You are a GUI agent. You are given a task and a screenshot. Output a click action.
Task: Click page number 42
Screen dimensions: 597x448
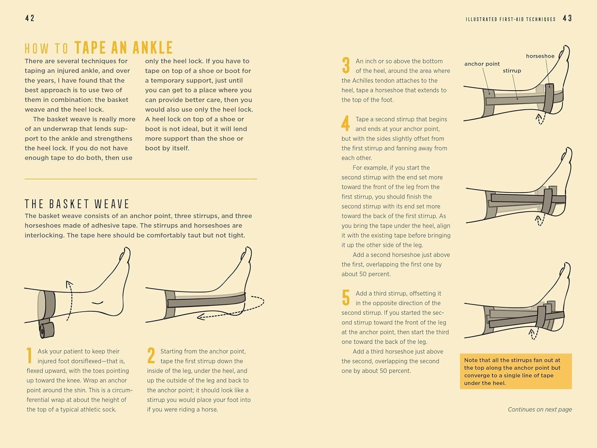click(30, 18)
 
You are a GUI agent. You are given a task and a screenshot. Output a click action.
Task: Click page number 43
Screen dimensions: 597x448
click(568, 18)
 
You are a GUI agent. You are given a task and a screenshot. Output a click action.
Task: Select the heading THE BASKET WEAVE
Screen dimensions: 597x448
click(77, 204)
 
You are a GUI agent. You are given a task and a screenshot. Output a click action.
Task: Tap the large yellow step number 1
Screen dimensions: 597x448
click(29, 355)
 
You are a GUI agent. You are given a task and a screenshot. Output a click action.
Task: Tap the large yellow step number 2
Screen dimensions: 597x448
click(151, 355)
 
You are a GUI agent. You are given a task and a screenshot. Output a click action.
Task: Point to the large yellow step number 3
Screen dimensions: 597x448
click(346, 65)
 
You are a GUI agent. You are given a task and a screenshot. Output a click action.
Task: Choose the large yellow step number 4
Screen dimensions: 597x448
click(345, 123)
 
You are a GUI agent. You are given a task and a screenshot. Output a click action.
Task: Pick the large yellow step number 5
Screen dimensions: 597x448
click(346, 297)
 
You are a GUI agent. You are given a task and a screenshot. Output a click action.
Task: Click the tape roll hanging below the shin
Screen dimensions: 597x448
click(47, 330)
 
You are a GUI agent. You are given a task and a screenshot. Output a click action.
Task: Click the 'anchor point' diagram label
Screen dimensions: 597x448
click(482, 64)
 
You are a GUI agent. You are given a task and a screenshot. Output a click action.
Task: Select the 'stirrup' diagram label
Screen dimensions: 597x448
click(512, 71)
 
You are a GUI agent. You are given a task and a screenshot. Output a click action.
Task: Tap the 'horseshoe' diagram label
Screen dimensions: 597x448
click(540, 56)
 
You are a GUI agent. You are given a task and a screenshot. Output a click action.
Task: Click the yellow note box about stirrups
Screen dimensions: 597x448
click(516, 371)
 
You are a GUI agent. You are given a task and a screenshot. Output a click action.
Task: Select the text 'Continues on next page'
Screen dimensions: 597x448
click(540, 409)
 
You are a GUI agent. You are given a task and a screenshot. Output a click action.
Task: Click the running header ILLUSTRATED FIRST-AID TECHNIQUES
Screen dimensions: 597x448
click(511, 19)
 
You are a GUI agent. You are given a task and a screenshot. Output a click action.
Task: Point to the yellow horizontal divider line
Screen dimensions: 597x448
click(140, 179)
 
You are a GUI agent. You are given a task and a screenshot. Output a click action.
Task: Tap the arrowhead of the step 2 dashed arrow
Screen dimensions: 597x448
click(201, 316)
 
